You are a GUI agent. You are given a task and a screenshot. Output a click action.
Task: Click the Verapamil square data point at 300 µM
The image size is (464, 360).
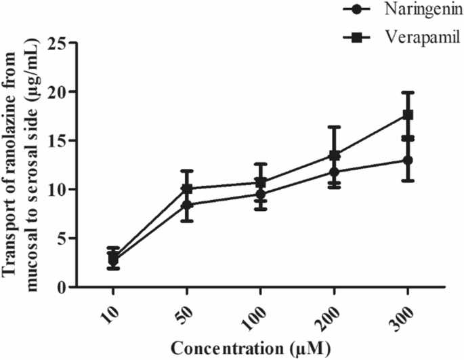pos(408,115)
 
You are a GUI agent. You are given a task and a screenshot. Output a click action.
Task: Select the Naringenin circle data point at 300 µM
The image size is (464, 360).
pos(408,160)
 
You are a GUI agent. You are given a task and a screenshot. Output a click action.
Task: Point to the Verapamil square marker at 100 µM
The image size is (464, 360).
pos(261,182)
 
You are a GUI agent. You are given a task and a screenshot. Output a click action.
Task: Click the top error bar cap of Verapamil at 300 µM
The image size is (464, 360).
pos(408,92)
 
